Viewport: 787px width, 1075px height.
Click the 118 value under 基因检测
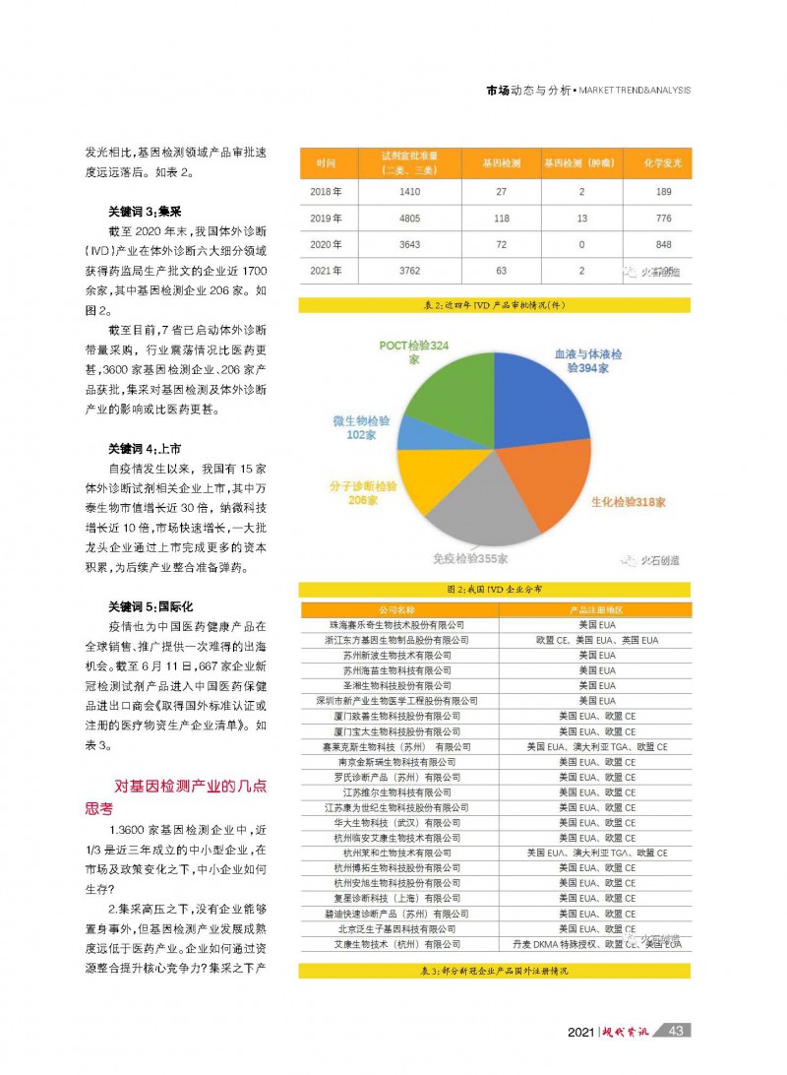501,218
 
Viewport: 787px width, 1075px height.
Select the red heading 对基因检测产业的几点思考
182,796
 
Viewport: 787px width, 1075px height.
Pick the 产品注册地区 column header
595,610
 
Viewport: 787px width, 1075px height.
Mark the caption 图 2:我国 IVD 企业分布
495,589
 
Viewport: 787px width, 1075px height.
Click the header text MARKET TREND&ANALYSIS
634,91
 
